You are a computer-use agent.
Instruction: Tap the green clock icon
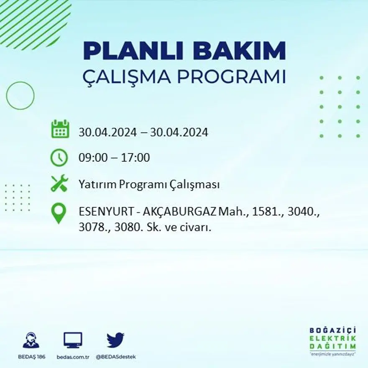point(59,158)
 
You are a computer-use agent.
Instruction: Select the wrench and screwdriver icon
point(59,184)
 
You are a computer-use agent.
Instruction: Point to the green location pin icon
point(59,213)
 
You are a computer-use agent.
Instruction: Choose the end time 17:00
point(135,158)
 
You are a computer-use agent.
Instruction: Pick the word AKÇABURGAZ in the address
point(180,213)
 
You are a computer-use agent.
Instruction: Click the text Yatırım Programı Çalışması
point(149,184)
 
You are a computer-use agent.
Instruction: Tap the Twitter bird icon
point(115,340)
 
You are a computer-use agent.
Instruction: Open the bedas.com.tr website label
point(73,357)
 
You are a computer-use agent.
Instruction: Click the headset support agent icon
point(31,340)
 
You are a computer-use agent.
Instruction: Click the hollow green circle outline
point(20,96)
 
